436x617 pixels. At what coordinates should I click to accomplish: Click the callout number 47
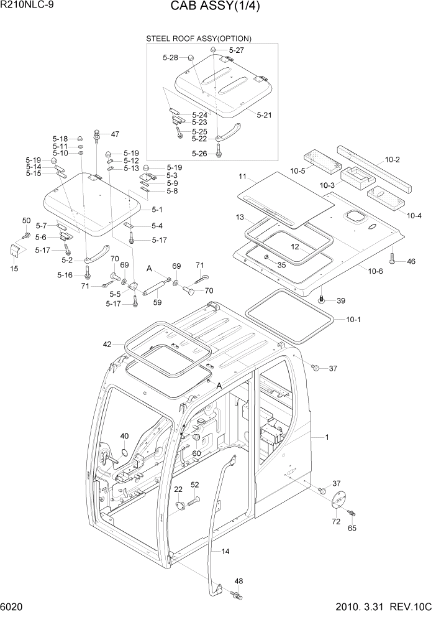click(x=114, y=134)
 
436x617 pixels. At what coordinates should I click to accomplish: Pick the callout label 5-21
click(x=264, y=114)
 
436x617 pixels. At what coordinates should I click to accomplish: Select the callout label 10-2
click(x=392, y=160)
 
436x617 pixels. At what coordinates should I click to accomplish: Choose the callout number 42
click(x=107, y=344)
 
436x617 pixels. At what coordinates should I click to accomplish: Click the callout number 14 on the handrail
click(x=225, y=551)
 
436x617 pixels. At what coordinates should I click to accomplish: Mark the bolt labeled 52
click(x=194, y=499)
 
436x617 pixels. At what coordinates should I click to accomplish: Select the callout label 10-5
click(x=299, y=170)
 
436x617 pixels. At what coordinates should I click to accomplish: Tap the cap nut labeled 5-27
click(x=212, y=50)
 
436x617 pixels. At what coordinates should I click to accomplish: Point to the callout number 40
click(x=124, y=436)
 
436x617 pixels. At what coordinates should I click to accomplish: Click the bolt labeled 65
click(x=352, y=513)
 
